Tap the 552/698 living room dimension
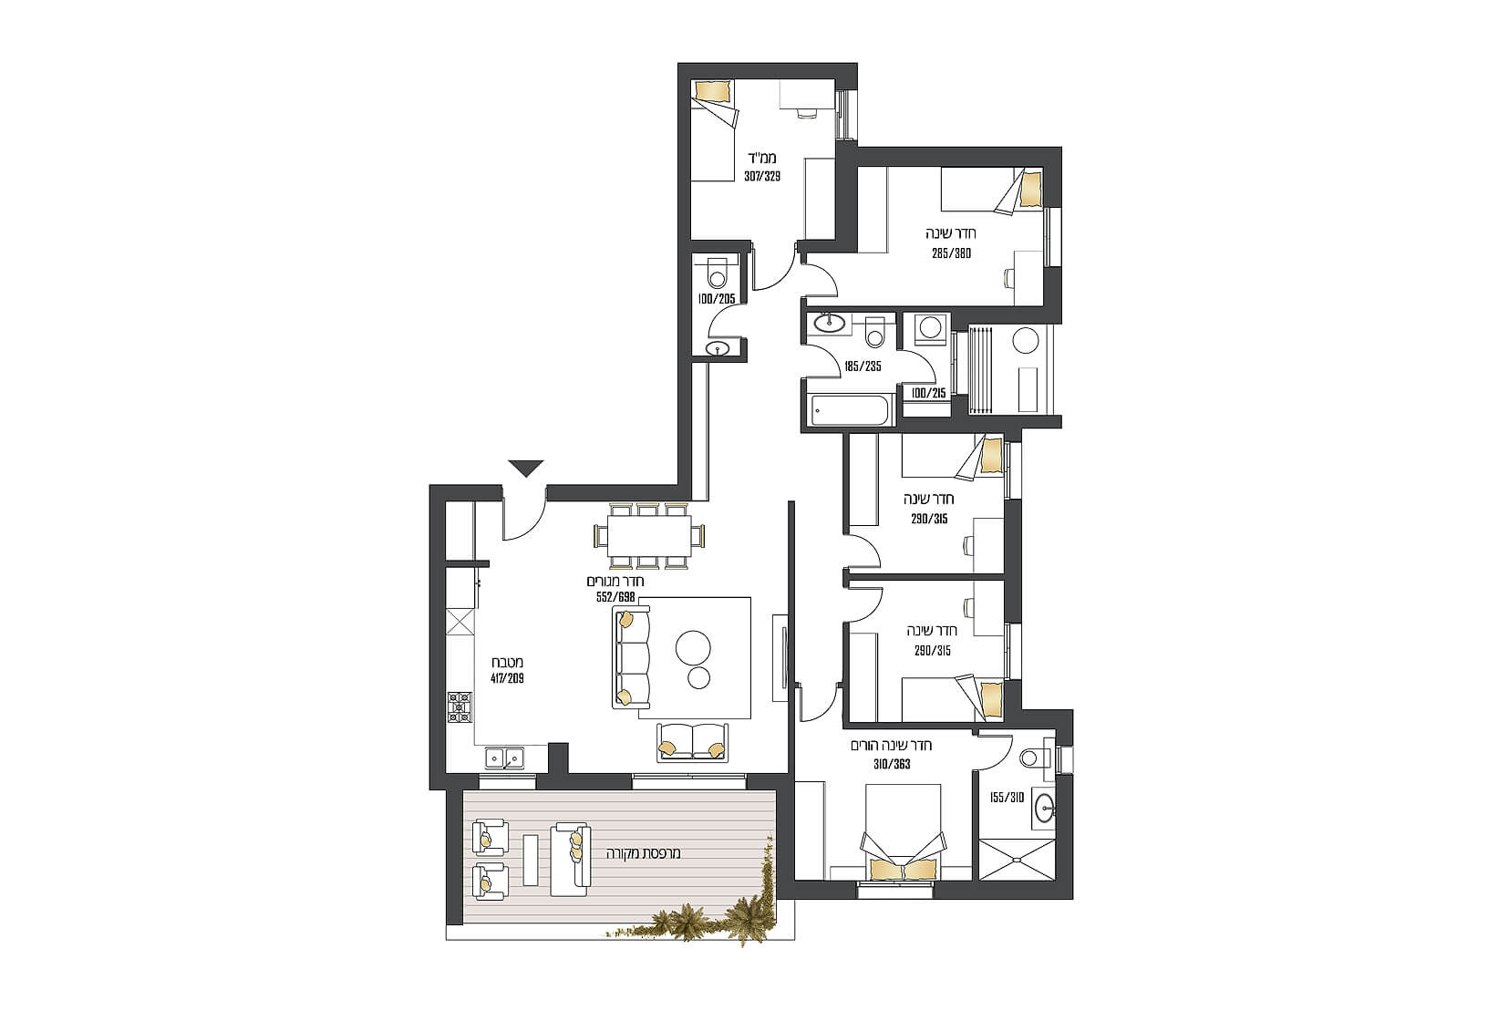[x=615, y=597]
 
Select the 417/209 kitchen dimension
[x=508, y=679]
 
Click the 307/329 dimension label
[x=762, y=177]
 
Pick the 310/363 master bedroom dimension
[x=892, y=764]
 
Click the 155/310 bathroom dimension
[x=1007, y=798]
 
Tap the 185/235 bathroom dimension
[x=863, y=366]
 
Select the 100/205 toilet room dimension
[x=717, y=299]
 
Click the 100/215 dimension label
[x=929, y=393]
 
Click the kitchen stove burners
[x=460, y=707]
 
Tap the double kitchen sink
[x=504, y=758]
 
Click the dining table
[x=649, y=536]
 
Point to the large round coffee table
[x=693, y=646]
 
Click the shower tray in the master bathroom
[x=1017, y=860]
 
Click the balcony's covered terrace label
[x=644, y=853]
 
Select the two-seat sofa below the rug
[x=692, y=741]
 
